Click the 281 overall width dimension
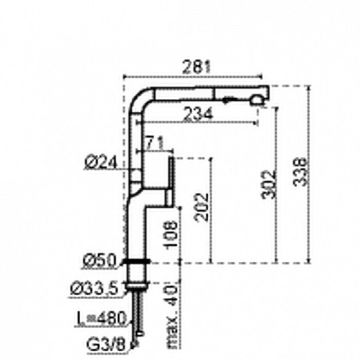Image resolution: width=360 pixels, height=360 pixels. (x=196, y=67)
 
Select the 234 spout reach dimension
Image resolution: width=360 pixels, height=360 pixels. (x=199, y=114)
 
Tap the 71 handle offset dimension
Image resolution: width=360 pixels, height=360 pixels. (x=154, y=142)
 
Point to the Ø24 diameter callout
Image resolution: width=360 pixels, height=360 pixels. (x=101, y=162)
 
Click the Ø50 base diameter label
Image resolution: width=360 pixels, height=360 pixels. (x=100, y=261)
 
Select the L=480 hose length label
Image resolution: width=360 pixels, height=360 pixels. (x=101, y=318)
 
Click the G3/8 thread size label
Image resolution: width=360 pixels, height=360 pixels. (x=106, y=344)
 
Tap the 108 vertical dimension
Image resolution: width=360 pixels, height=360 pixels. (x=170, y=234)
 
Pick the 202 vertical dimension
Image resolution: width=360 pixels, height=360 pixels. (x=202, y=207)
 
